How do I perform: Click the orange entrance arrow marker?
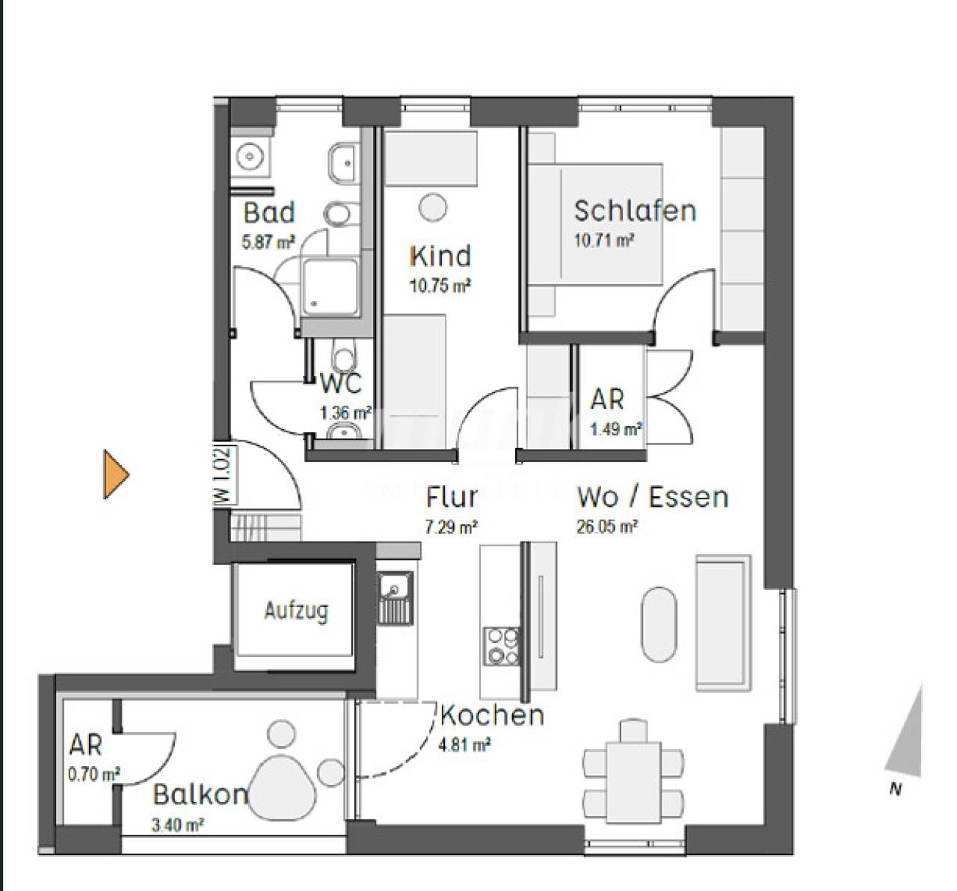point(116,474)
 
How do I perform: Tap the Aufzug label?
point(296,611)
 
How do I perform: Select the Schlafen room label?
point(635,211)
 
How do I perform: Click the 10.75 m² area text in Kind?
point(440,286)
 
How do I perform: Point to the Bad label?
point(268,212)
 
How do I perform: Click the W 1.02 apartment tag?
point(225,475)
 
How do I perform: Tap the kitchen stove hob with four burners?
point(502,646)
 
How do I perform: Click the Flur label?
point(452,497)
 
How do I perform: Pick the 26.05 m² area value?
point(607,527)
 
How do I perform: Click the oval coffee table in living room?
point(658,624)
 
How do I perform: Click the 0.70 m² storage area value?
point(94,774)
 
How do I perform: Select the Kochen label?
point(492,715)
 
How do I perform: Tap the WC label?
point(341,383)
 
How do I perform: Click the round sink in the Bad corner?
point(250,157)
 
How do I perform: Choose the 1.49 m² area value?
point(616,429)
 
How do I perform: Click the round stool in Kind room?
point(432,208)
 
